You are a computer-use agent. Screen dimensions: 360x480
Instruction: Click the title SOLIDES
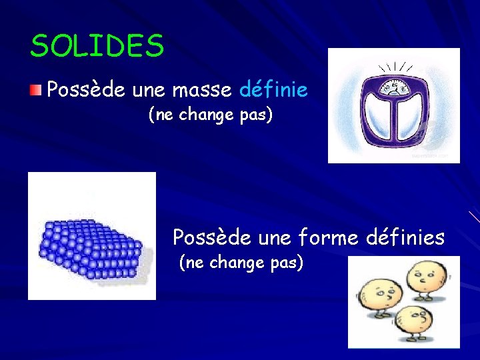tap(97, 47)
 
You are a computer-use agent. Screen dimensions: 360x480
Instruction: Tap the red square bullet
tap(37, 89)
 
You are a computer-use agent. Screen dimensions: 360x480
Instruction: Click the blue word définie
tap(273, 89)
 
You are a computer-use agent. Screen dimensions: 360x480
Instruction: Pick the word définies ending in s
tap(405, 237)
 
